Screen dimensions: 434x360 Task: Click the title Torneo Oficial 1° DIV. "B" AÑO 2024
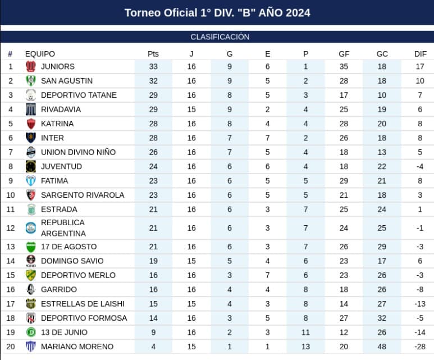pos(217,13)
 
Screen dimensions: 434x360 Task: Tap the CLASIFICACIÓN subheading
pos(220,37)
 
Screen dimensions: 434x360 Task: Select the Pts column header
pos(153,54)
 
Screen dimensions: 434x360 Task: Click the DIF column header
pos(420,54)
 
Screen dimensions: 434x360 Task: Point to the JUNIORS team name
pos(58,66)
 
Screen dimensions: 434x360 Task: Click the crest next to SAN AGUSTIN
pos(31,80)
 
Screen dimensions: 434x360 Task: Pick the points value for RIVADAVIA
pos(153,110)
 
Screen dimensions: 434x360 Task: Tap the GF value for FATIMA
pos(344,181)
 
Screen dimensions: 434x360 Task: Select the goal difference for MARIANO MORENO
pos(419,347)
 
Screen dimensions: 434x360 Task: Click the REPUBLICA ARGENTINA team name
pos(63,228)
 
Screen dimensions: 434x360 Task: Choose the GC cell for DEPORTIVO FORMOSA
pos(382,318)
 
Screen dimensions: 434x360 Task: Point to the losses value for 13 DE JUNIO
pos(305,332)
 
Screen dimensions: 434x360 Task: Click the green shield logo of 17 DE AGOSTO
pos(31,247)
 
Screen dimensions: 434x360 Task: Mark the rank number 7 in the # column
pos(11,152)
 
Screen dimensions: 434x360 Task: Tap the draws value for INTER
pos(267,138)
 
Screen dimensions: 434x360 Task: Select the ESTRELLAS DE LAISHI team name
pos(83,304)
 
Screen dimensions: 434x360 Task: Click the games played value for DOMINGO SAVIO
pos(191,261)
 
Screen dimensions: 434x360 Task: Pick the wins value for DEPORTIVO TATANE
pos(230,95)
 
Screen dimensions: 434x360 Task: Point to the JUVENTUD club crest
pos(31,166)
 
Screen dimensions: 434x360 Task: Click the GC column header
pos(382,54)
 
